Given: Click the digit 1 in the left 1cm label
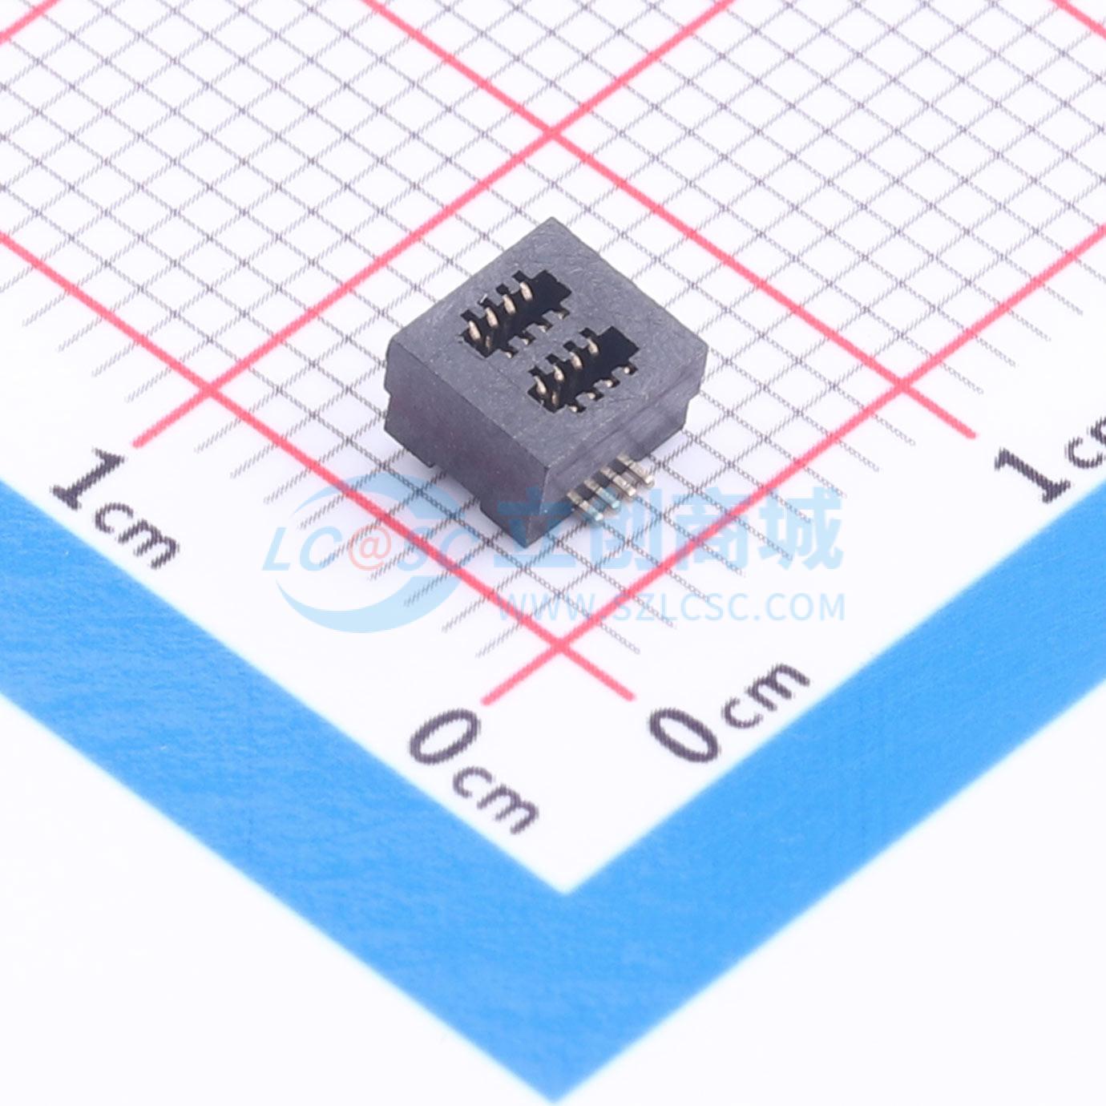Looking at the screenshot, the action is pos(91,479).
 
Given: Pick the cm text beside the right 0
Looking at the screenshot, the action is pos(767,696).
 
